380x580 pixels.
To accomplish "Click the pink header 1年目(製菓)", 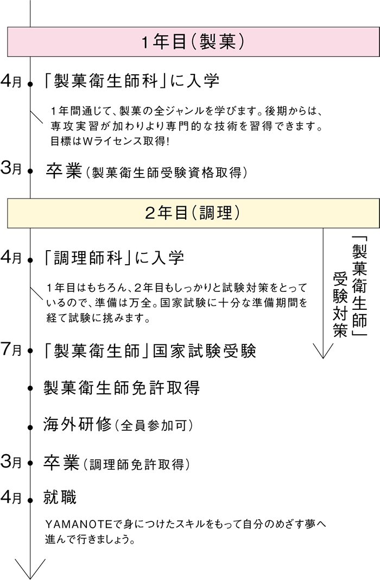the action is (x=193, y=42).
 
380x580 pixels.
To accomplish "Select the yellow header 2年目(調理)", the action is (x=193, y=213).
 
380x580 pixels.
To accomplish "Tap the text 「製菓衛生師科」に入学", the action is (x=131, y=81).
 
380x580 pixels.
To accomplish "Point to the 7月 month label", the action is (x=11, y=349).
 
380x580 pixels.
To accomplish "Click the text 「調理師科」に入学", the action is (x=113, y=258).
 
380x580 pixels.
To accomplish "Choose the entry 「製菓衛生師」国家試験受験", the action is (x=149, y=351).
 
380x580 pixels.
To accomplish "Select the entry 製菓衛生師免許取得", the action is (x=122, y=387).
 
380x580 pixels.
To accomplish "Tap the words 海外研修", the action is (x=77, y=424).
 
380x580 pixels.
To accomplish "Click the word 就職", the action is (x=60, y=497).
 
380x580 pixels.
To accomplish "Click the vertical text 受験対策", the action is (x=340, y=304).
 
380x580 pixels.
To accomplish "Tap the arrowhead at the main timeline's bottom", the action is (x=30, y=569).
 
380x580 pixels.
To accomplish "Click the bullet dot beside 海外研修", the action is (x=30, y=427).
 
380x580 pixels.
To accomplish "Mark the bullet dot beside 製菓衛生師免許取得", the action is (x=30, y=388).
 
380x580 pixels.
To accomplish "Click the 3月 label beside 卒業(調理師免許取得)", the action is (x=11, y=462).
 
